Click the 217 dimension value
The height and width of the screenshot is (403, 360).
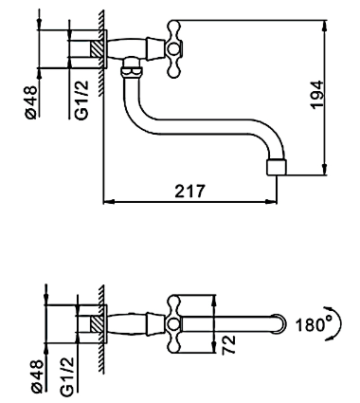[x=190, y=191]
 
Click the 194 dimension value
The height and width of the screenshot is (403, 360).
[x=316, y=95]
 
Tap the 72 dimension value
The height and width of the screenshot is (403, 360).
[x=229, y=344]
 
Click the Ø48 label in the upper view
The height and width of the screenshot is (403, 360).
[x=32, y=102]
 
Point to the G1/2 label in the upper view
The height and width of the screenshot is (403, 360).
[x=82, y=101]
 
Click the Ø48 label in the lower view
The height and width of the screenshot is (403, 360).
[x=37, y=376]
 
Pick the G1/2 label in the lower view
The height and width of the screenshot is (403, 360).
[x=68, y=376]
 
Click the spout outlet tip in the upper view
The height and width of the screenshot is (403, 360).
[x=277, y=167]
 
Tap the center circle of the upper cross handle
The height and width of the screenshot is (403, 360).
[x=173, y=49]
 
